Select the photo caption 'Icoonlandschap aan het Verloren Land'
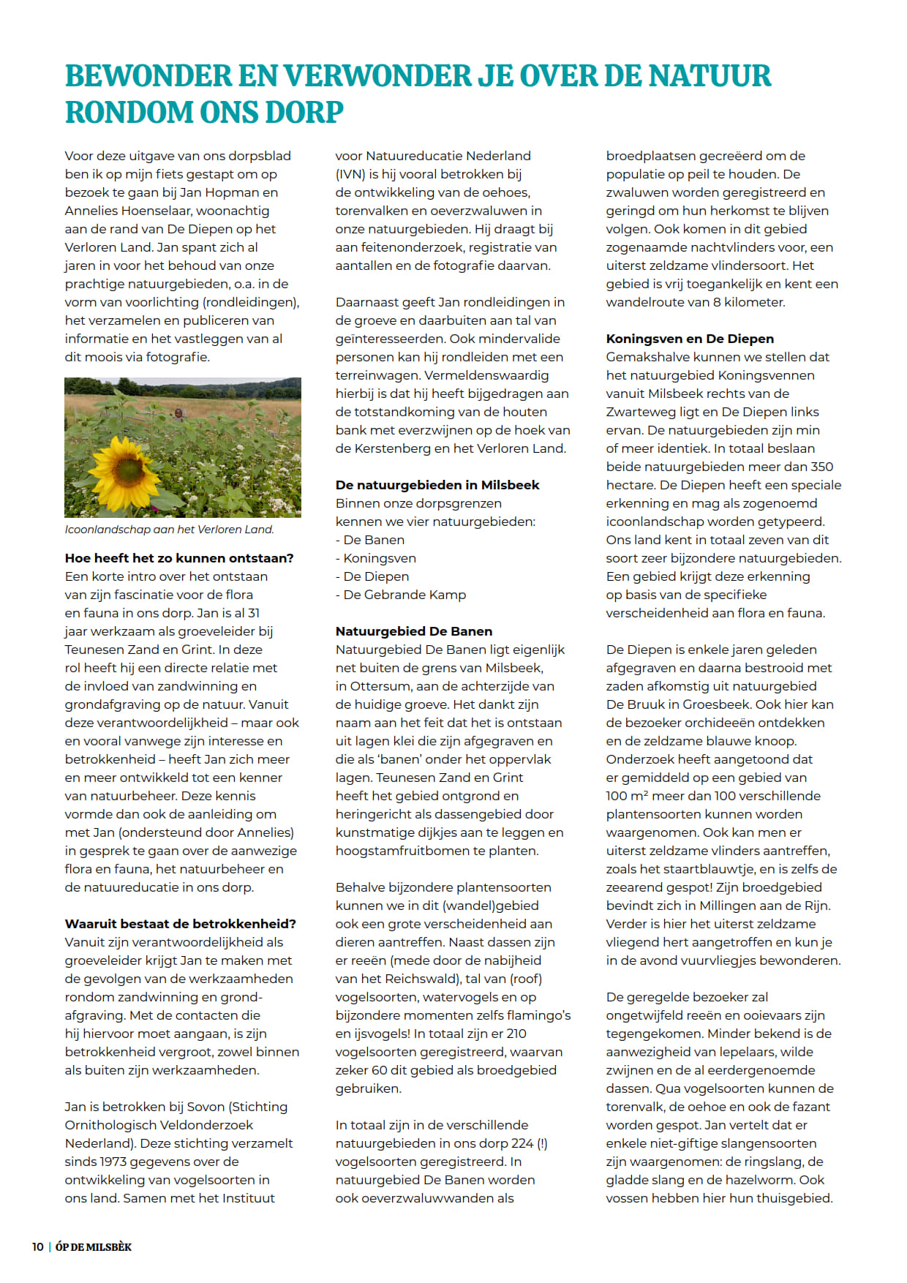click(169, 530)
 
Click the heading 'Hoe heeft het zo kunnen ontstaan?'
click(179, 558)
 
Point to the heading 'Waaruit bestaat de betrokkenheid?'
click(180, 924)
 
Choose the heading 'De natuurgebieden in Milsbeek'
click(437, 485)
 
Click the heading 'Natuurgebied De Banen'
click(414, 631)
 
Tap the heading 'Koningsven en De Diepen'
click(690, 339)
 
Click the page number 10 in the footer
click(37, 1247)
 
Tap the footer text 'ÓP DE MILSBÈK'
click(94, 1247)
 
